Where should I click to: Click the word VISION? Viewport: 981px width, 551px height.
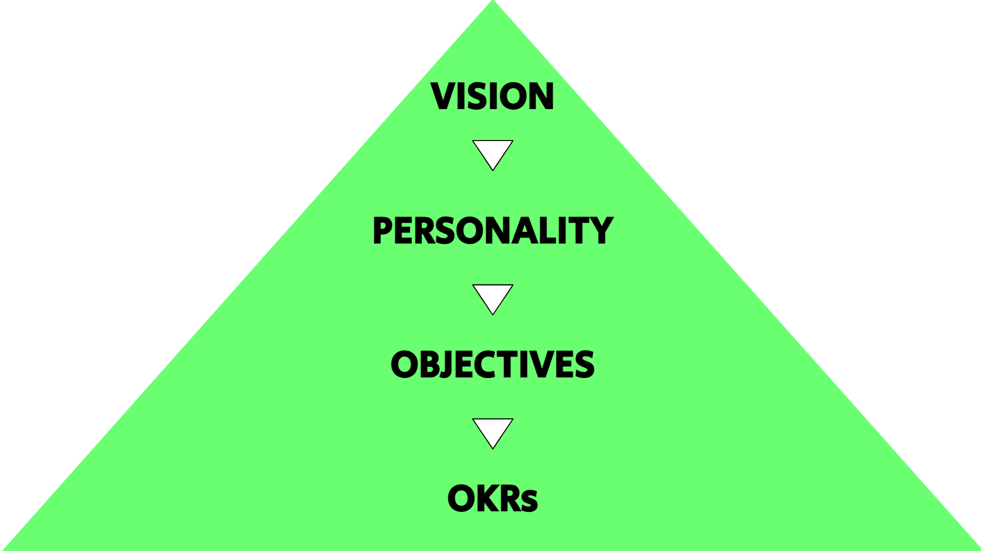(492, 96)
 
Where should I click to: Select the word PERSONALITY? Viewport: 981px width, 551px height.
(492, 230)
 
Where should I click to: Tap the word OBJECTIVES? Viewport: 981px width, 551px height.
(492, 364)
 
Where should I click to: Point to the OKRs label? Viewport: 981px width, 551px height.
(492, 498)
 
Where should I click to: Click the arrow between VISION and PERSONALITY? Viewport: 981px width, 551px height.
(493, 153)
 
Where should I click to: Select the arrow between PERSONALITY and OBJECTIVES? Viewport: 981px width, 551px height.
(493, 298)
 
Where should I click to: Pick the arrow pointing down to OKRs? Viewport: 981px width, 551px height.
(493, 431)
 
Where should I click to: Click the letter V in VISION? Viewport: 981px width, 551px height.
(444, 96)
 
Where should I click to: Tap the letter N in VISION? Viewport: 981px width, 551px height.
(540, 96)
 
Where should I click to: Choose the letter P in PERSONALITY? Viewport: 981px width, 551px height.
(384, 230)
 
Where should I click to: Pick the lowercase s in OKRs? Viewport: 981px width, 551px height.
(530, 502)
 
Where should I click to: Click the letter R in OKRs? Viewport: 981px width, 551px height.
(509, 498)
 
